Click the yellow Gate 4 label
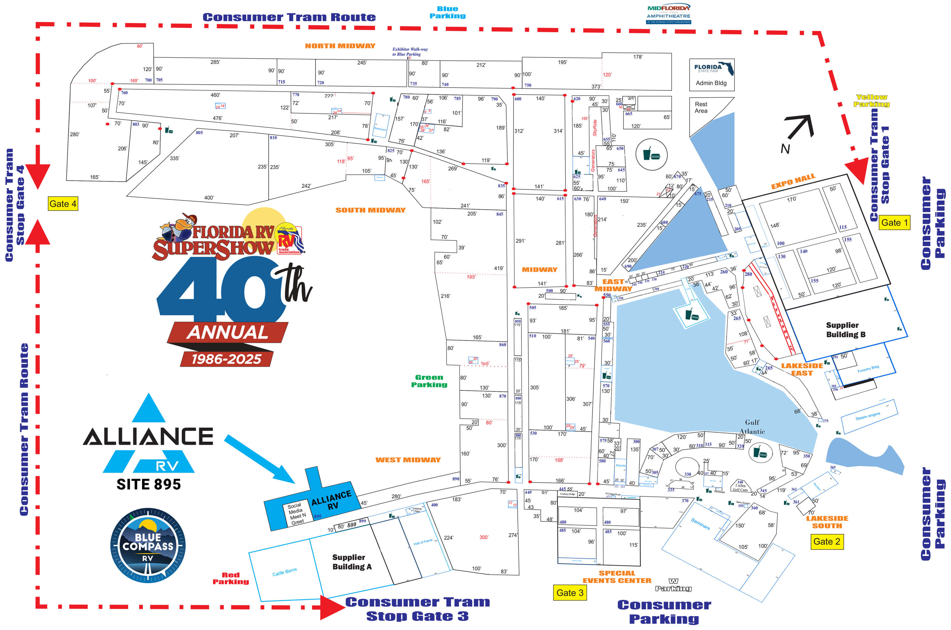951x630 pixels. [63, 204]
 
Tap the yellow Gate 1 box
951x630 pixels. [894, 222]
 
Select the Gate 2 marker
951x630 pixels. [826, 542]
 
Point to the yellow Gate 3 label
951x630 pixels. [570, 593]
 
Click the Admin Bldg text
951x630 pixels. [711, 83]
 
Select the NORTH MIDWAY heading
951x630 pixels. [340, 46]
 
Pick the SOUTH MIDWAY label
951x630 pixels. [370, 210]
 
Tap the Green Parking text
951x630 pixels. [429, 381]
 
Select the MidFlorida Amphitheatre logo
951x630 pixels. [669, 15]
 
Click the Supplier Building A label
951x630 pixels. [352, 562]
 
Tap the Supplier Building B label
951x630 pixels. [846, 330]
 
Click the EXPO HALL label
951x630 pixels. [793, 181]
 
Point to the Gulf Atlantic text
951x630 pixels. [752, 427]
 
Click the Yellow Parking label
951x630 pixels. [871, 100]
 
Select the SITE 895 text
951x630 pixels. [149, 485]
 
